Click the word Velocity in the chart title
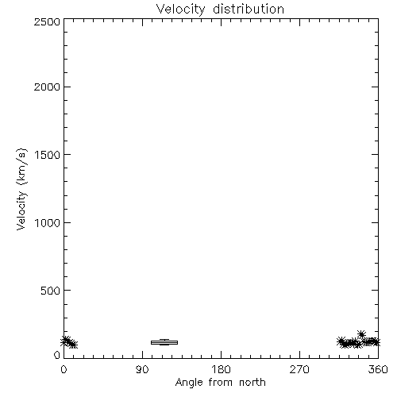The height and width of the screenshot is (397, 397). point(180,10)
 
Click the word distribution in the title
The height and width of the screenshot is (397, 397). point(249,9)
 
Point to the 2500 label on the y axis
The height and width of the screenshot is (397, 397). point(47,21)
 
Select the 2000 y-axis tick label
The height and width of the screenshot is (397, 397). point(47,87)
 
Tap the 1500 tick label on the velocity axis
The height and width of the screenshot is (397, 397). point(48,155)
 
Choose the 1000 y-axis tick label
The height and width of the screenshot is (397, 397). point(48,222)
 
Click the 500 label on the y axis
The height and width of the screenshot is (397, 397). point(50,291)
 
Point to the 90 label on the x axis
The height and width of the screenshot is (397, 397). point(142,369)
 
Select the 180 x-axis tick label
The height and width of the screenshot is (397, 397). point(221,369)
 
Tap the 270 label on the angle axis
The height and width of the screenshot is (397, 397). point(299,369)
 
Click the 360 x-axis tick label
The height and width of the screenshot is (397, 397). point(378,369)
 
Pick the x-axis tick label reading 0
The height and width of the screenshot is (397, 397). point(64,369)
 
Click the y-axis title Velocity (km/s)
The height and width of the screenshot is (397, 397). point(21,189)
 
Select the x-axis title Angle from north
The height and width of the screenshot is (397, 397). point(221,383)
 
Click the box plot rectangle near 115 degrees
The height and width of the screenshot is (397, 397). point(164,342)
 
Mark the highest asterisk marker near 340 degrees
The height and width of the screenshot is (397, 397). point(361,334)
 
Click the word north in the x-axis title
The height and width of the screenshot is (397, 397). point(252,382)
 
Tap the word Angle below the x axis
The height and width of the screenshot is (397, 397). point(189,384)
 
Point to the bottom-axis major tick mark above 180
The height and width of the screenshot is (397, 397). point(221,355)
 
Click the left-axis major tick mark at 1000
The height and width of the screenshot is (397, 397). point(67,222)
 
